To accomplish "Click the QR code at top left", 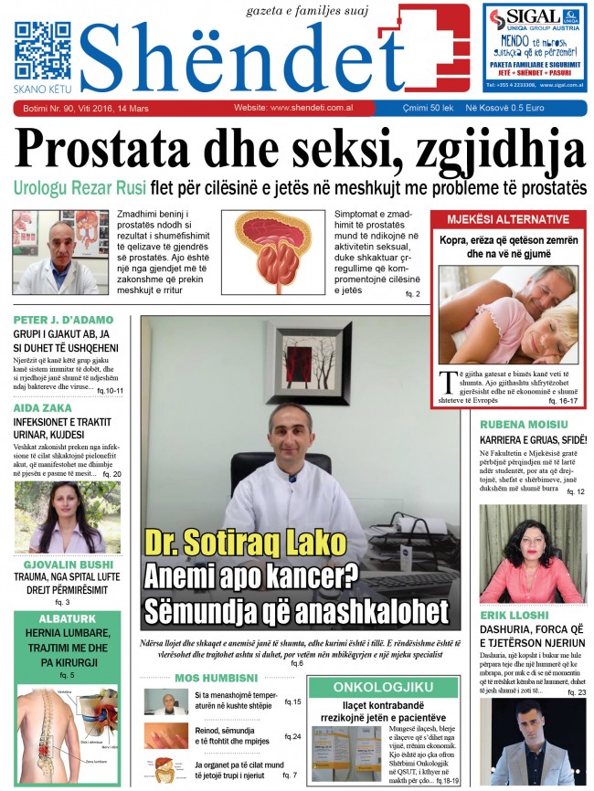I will tap(42, 47).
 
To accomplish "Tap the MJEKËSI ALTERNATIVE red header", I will tap(508, 220).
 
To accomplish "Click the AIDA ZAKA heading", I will tap(46, 408).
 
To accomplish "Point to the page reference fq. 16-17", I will tap(564, 400).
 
